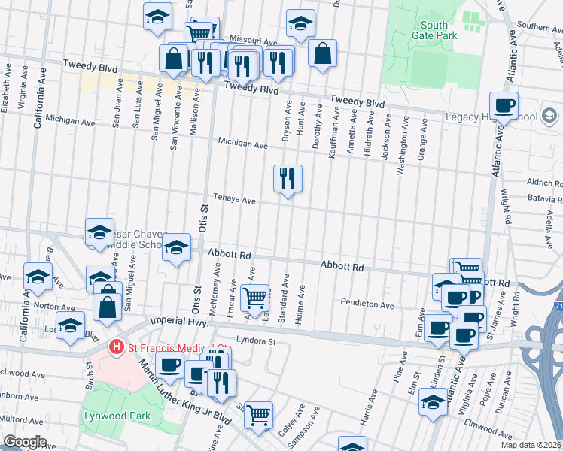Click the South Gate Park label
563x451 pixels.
pos(434,30)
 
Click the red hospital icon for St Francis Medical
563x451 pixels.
pos(116,347)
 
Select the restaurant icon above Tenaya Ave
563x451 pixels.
pos(287,179)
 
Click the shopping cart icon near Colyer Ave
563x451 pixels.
pos(258,415)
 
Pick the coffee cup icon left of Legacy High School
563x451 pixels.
pos(504,105)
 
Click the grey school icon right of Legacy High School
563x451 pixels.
pos(549,116)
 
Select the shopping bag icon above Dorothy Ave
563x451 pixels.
pos(322,53)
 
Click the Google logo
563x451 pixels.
pos(25,442)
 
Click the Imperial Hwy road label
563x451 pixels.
pos(177,321)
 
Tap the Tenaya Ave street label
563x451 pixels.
pos(234,201)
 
